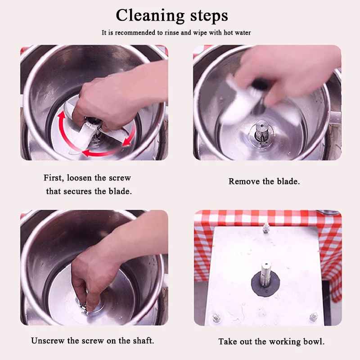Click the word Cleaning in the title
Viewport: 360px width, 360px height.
point(150,16)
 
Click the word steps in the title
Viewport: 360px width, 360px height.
point(209,16)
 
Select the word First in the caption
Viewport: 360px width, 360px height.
point(54,177)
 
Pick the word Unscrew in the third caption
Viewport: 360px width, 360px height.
point(48,341)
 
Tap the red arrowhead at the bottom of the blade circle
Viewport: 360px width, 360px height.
point(85,153)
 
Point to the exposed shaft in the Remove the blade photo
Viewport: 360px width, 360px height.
point(261,132)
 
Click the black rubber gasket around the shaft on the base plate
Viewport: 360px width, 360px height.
point(265,284)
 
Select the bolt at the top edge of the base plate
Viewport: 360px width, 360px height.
point(266,228)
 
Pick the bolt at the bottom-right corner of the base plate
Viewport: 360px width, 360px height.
point(313,317)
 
